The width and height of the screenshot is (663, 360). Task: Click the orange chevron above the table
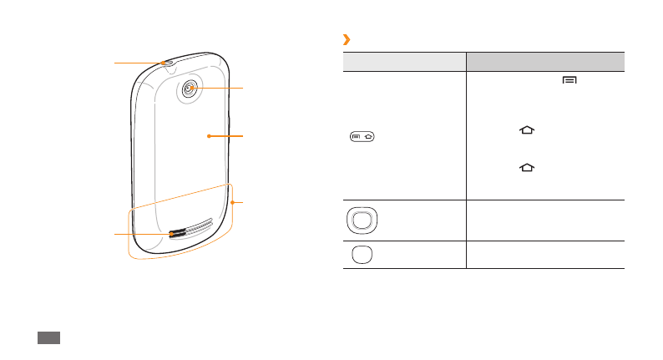pyautogui.click(x=346, y=40)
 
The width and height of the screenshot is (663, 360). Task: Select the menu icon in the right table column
pyautogui.click(x=569, y=79)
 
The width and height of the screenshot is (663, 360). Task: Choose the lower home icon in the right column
pyautogui.click(x=526, y=167)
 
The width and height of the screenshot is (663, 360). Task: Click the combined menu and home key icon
pyautogui.click(x=363, y=136)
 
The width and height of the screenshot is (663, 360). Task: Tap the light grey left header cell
pyautogui.click(x=404, y=61)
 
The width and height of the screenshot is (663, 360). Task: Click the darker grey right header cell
pyautogui.click(x=544, y=61)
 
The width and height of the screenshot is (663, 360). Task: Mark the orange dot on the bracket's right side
pyautogui.click(x=234, y=203)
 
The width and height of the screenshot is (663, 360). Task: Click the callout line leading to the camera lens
pyautogui.click(x=219, y=88)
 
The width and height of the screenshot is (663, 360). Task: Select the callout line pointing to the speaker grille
pyautogui.click(x=142, y=236)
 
